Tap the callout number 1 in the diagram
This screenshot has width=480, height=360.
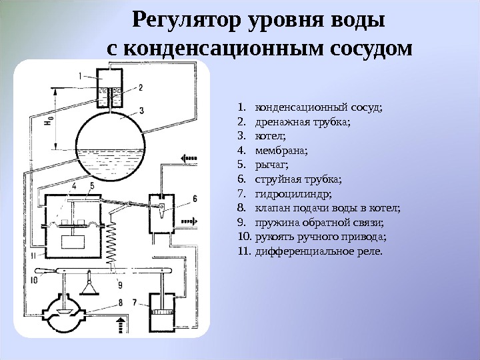80,76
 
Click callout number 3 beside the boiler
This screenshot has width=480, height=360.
142,110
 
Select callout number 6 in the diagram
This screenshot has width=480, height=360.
195,198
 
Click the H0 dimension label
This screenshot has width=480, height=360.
48,123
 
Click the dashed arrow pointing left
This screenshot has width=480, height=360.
189,157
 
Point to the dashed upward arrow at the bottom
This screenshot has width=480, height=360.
121,327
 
